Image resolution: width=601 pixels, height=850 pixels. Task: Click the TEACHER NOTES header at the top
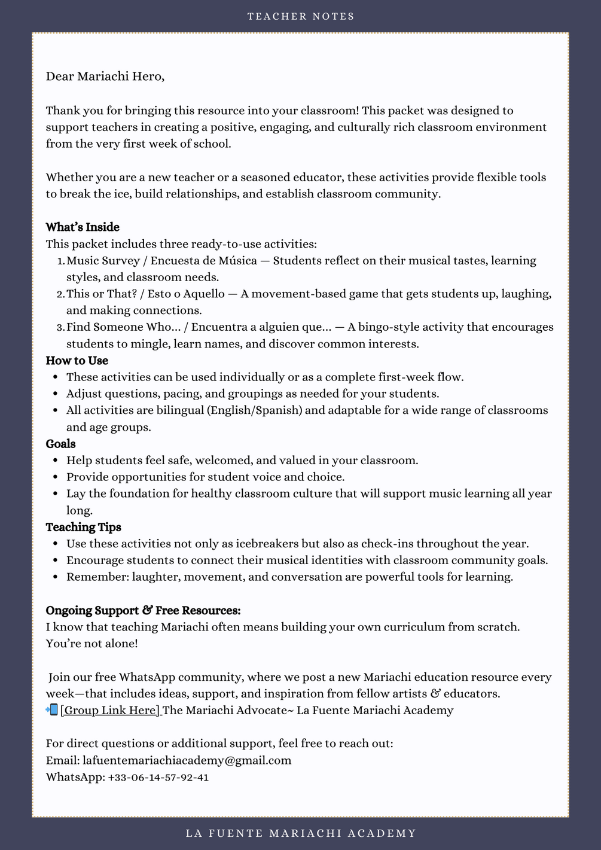pyautogui.click(x=301, y=16)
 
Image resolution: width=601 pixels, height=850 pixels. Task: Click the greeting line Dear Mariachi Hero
pyautogui.click(x=105, y=77)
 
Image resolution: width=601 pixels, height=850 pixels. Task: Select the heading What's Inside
pyautogui.click(x=83, y=227)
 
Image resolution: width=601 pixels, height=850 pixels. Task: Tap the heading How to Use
pyautogui.click(x=77, y=361)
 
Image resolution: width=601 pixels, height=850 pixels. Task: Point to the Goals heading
pyautogui.click(x=60, y=444)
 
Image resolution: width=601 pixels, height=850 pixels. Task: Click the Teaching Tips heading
pyautogui.click(x=83, y=527)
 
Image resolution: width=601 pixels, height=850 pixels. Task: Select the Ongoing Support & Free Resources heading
pyautogui.click(x=143, y=611)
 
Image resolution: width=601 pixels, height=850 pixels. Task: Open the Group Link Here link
pyautogui.click(x=110, y=711)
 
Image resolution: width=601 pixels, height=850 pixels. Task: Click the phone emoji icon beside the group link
pyautogui.click(x=52, y=710)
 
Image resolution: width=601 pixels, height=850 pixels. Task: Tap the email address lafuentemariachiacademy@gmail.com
pyautogui.click(x=187, y=761)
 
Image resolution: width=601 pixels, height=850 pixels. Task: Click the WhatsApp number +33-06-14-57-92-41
pyautogui.click(x=158, y=778)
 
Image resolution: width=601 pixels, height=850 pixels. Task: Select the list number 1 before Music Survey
pyautogui.click(x=60, y=261)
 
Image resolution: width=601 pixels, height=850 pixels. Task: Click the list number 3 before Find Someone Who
pyautogui.click(x=60, y=328)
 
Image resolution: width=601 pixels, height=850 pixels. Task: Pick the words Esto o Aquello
pyautogui.click(x=186, y=294)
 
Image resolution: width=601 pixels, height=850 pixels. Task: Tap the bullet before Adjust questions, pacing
pyautogui.click(x=55, y=394)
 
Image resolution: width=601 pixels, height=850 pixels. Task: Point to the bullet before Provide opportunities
pyautogui.click(x=55, y=477)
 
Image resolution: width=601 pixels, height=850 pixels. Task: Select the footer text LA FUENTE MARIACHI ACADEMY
pyautogui.click(x=301, y=833)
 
